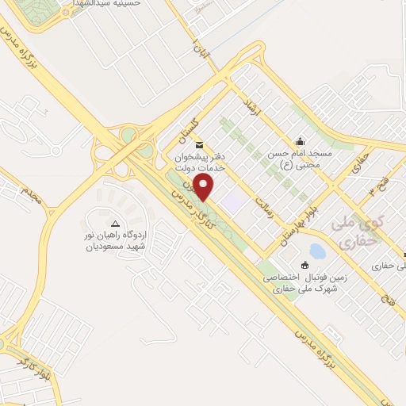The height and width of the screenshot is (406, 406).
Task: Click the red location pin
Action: (205, 187)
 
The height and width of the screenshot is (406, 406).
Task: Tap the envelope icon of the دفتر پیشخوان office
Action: (198, 146)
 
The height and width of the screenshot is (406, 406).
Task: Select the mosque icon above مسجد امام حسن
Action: (300, 141)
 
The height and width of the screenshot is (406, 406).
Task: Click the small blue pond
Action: (317, 252)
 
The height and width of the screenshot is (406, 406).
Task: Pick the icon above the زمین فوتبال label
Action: (304, 265)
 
